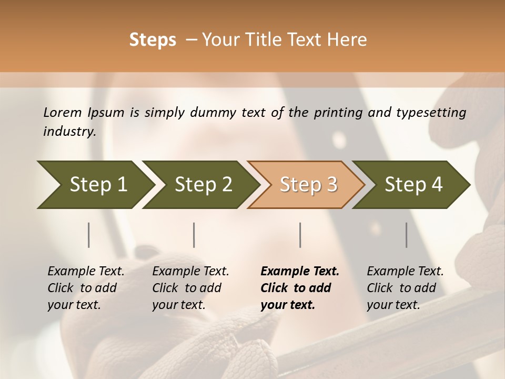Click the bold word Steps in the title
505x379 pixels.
pos(153,40)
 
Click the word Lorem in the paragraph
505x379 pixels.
pos(62,112)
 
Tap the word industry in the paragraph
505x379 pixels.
pos(69,131)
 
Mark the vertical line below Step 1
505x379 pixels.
pos(89,235)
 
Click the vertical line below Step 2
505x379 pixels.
pos(194,235)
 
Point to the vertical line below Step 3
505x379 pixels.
pos(300,235)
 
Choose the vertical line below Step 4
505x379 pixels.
pos(407,235)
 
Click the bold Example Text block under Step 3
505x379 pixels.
pos(300,288)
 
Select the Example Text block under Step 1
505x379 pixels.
pos(86,288)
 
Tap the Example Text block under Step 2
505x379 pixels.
pos(190,288)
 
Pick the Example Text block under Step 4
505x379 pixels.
pos(405,288)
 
